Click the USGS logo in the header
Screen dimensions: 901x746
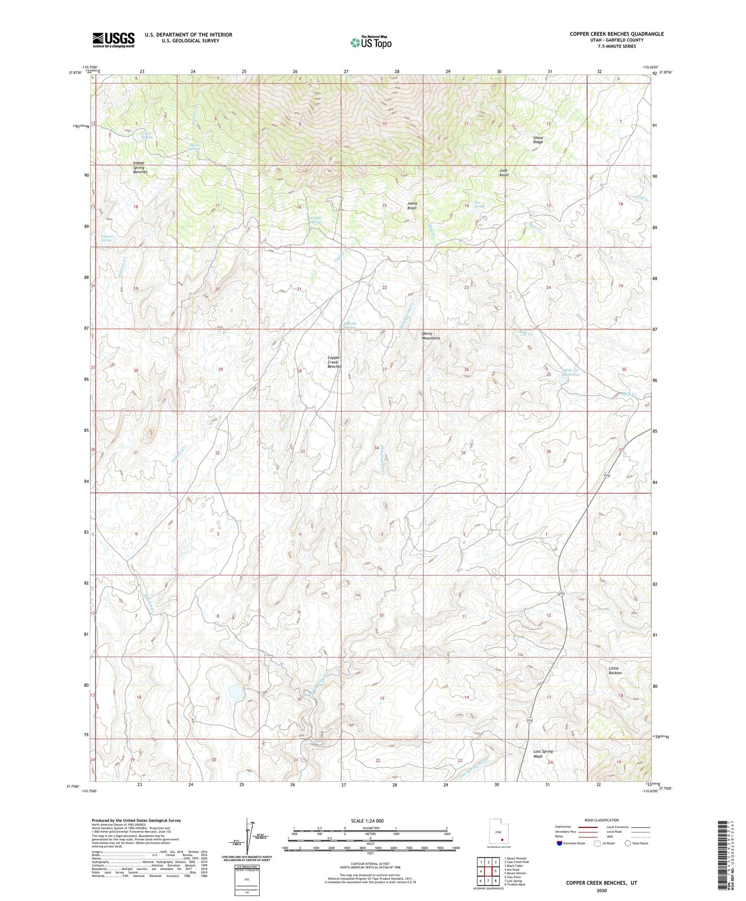tap(113, 39)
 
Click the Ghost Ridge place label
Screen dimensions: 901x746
tap(538, 140)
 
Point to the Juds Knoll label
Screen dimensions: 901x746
tap(504, 172)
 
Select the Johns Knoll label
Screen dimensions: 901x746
tap(412, 205)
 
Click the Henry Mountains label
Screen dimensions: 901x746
tap(430, 336)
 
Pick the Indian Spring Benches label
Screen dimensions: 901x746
tap(139, 167)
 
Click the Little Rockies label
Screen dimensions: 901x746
tap(615, 670)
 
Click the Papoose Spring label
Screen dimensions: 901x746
tap(107, 238)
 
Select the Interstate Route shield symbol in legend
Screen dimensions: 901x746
tap(559, 843)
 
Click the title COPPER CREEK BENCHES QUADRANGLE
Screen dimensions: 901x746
tap(617, 34)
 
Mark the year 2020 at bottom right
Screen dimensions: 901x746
tap(601, 890)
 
